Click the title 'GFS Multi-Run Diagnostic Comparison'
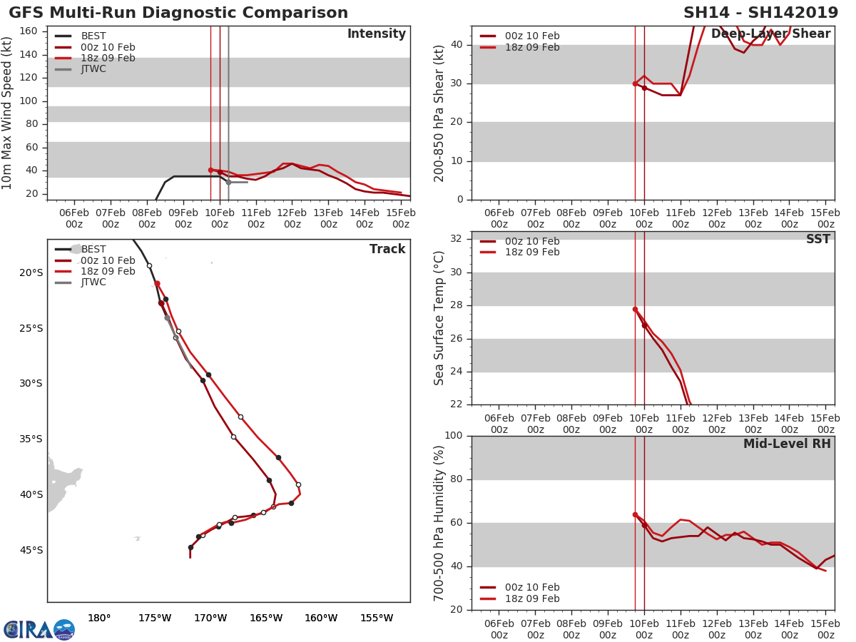(178, 13)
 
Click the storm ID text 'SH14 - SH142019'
(761, 13)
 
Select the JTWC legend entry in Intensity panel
(93, 69)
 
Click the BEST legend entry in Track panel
(93, 249)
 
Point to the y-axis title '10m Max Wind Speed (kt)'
(8, 113)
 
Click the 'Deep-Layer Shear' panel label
(770, 34)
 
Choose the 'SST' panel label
(817, 240)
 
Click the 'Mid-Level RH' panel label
(787, 444)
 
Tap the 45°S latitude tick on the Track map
(31, 550)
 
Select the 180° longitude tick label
(98, 618)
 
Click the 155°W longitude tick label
(376, 618)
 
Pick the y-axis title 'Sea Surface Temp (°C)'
(439, 318)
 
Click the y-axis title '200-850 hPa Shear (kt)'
(439, 113)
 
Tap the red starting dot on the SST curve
(635, 309)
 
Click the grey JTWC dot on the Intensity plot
(228, 182)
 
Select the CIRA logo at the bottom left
(39, 629)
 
